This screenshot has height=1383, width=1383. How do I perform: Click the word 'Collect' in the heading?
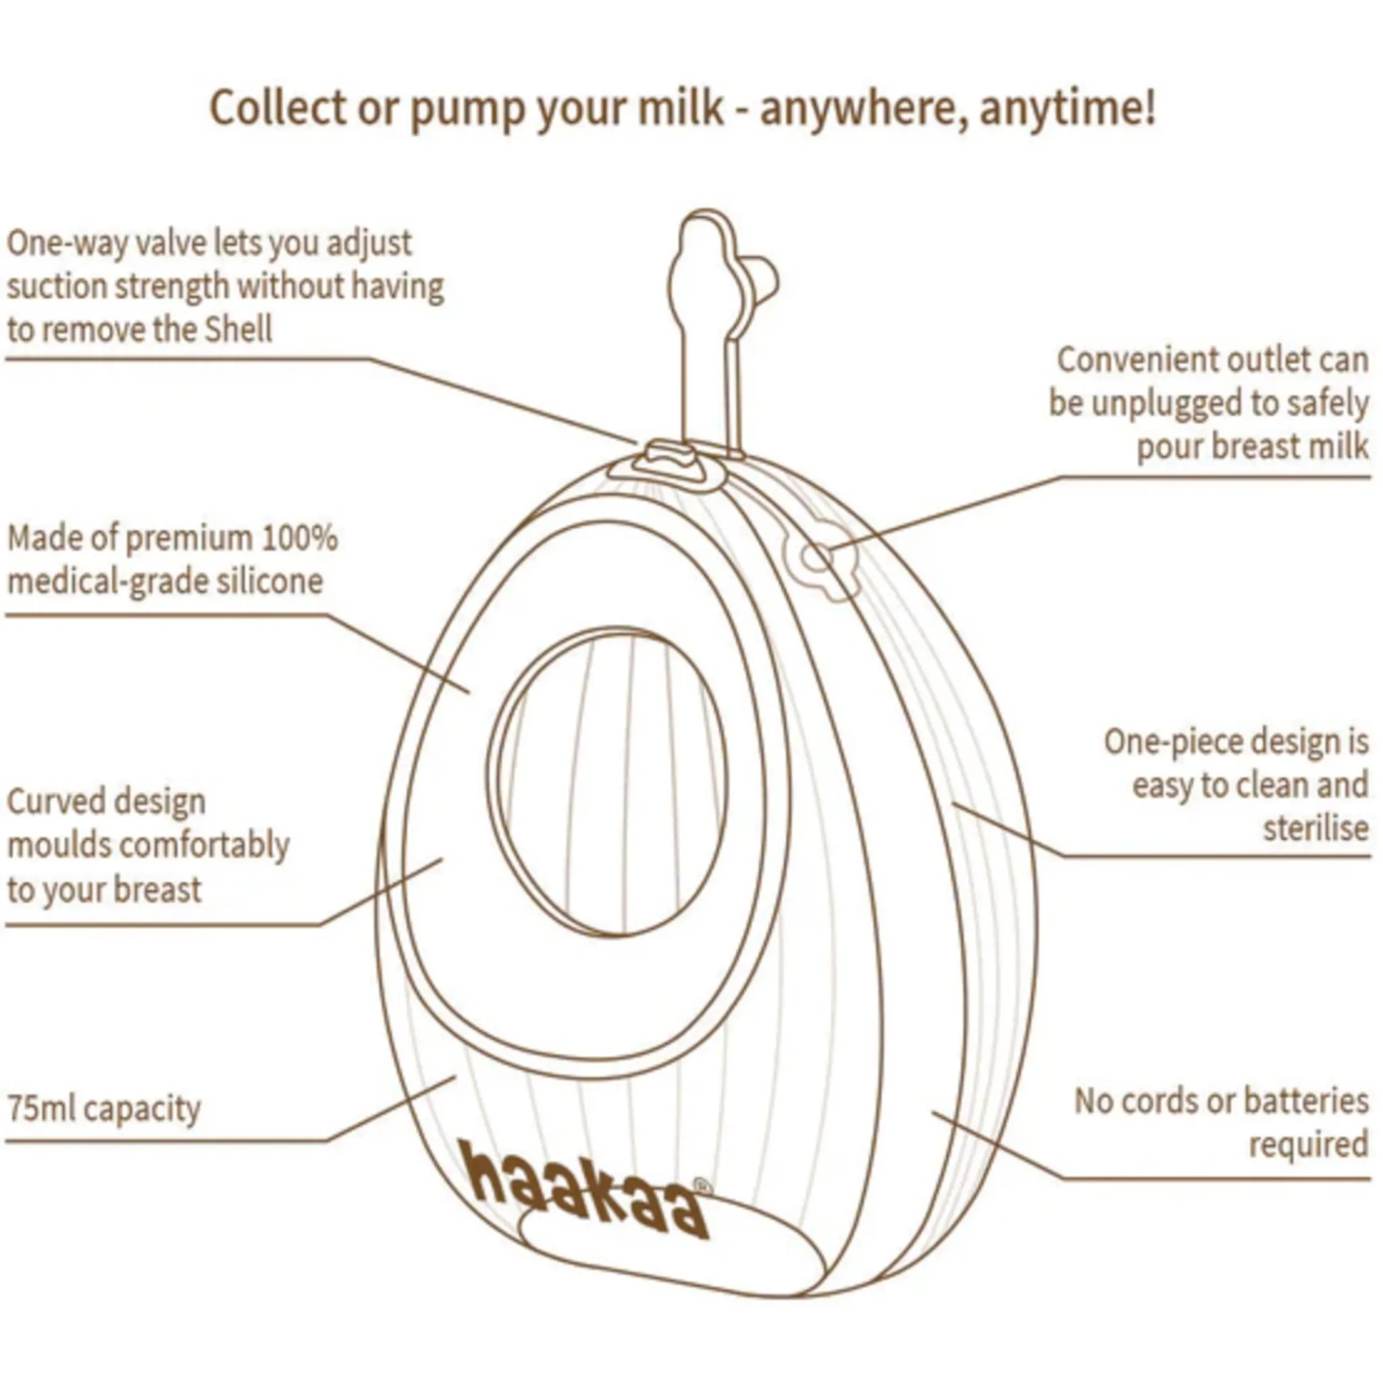tap(276, 107)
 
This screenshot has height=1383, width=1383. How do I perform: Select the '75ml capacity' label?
tap(105, 1109)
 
